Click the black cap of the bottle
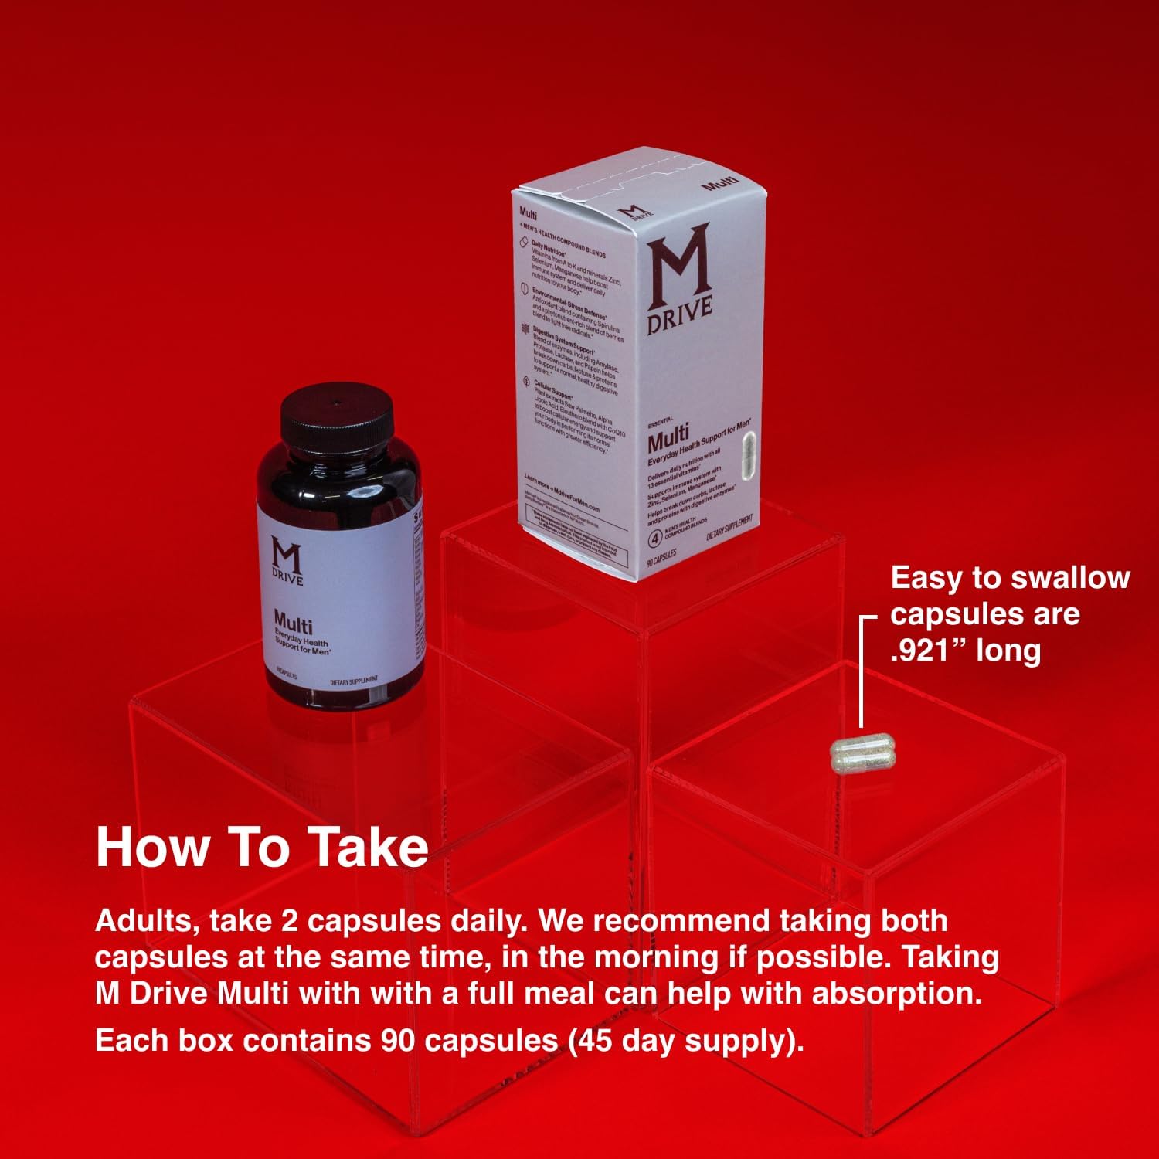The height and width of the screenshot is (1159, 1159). [x=337, y=416]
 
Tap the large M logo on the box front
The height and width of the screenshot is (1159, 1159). [x=678, y=267]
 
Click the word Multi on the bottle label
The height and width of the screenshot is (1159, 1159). [x=293, y=622]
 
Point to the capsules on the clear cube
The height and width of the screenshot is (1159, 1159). [x=862, y=756]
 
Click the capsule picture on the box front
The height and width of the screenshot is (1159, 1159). [x=747, y=457]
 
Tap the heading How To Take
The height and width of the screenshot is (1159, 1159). [x=262, y=848]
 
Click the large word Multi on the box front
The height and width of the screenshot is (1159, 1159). [x=668, y=441]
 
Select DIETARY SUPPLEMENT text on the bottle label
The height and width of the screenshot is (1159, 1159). [x=354, y=681]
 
